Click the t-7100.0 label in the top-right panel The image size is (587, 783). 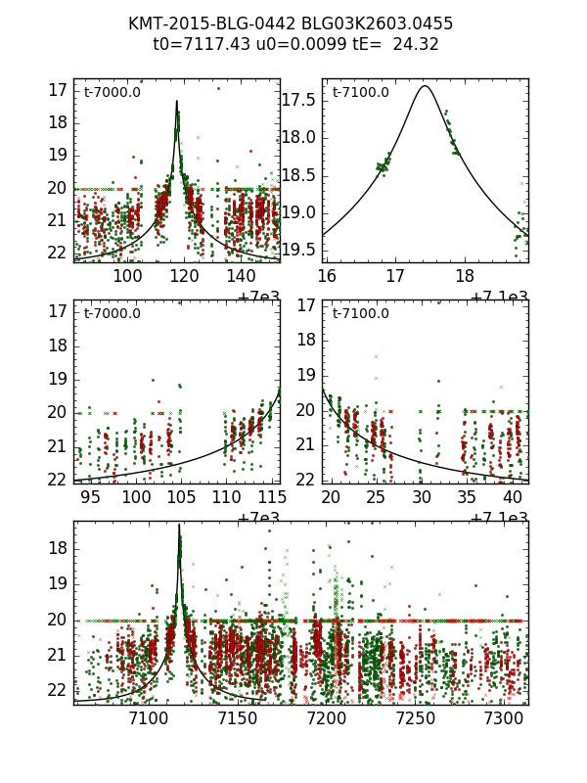coord(360,92)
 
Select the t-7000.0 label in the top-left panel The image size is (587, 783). coord(113,92)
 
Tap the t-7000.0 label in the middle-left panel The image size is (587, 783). coord(113,313)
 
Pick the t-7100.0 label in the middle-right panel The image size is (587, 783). coord(360,313)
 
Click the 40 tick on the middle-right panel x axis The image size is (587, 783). coord(512,497)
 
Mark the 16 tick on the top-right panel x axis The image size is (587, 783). coord(327,277)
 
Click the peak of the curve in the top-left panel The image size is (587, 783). coord(177,101)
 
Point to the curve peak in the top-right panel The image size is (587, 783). coord(425,86)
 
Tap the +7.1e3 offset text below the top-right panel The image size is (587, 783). coord(499,296)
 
